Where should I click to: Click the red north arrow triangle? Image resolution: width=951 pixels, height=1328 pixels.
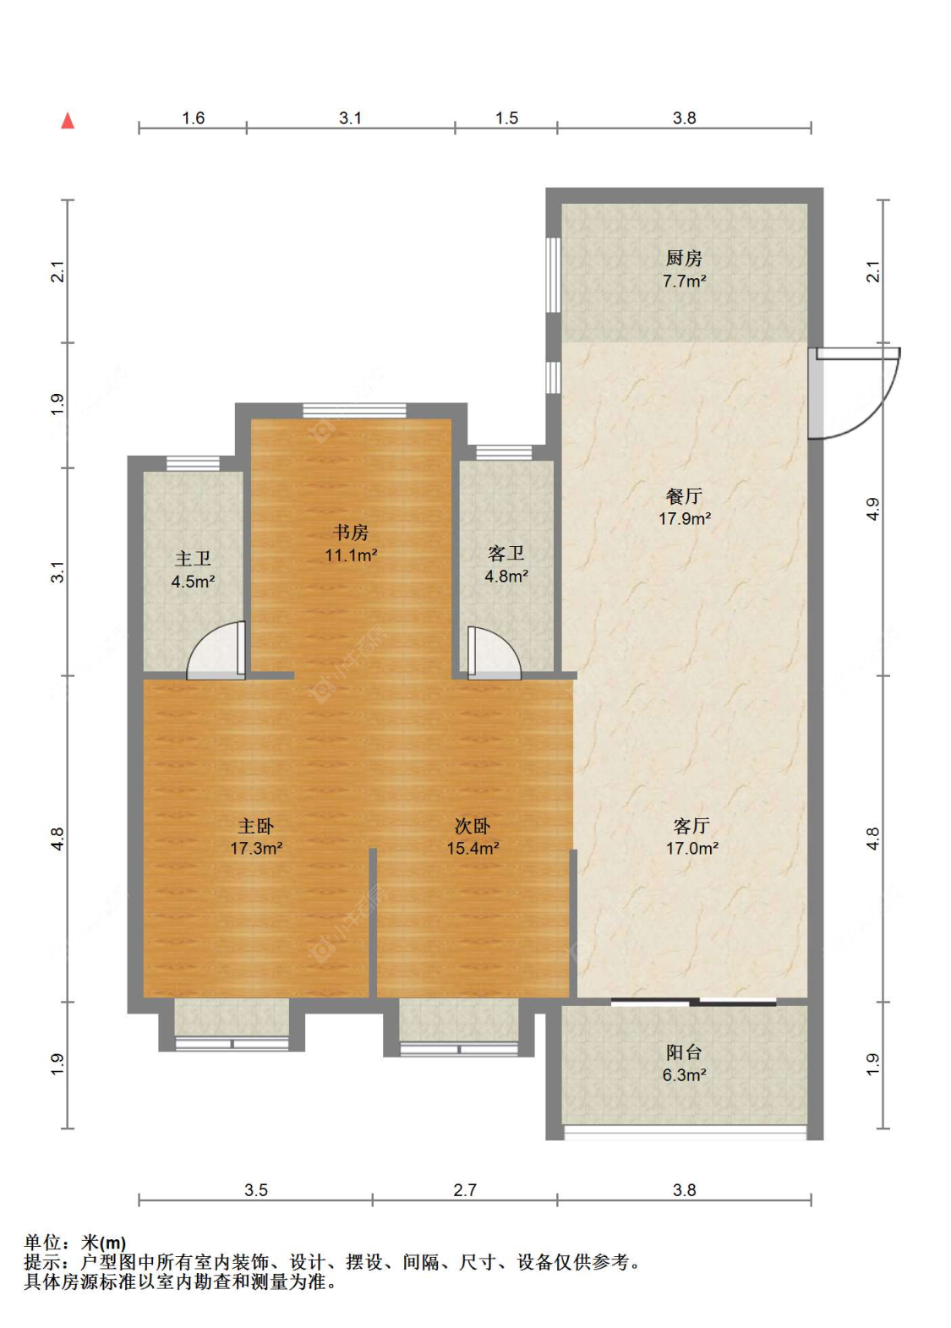pos(68,121)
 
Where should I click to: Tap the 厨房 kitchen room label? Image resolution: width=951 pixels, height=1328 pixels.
pos(684,259)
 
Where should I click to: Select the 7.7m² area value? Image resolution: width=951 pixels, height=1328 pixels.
pos(684,281)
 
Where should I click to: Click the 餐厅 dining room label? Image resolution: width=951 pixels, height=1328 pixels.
pos(684,495)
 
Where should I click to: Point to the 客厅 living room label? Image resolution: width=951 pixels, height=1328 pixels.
pos(691,826)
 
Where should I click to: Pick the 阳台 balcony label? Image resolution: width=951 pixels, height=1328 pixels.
pos(684,1052)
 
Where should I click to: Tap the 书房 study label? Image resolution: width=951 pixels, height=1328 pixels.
pos(351,533)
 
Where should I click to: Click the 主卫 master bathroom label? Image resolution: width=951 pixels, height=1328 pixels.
pos(193,559)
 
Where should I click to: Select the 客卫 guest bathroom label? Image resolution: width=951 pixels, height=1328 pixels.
pos(506,553)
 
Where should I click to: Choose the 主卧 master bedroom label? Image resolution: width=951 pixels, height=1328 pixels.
pos(255,826)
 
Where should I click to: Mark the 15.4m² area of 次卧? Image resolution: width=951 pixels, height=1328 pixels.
pos(473,849)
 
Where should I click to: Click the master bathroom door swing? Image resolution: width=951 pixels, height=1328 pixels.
pos(216,650)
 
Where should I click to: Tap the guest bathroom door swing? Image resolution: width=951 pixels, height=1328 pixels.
pos(494,653)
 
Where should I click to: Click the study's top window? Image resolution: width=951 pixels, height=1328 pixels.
pos(354,410)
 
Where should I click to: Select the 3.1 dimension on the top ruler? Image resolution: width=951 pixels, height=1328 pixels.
pos(350,118)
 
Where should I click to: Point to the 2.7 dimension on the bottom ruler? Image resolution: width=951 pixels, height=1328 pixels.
pos(464,1190)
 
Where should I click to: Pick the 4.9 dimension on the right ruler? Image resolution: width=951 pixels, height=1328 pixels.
pos(873,509)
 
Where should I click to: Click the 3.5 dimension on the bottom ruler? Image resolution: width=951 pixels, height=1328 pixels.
pos(256,1190)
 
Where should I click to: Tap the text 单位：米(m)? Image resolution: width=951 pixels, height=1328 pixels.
pos(74,1243)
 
